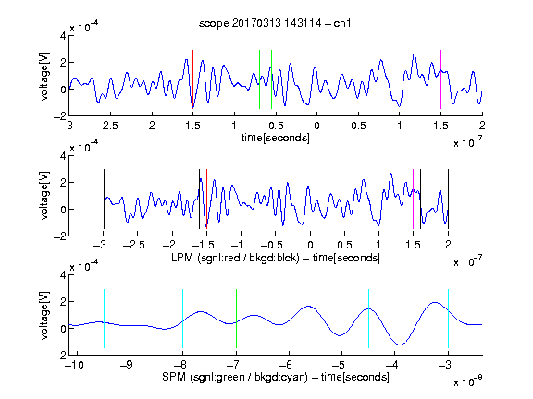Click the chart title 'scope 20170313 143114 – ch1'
(275, 23)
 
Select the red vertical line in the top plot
(192, 79)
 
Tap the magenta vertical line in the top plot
(440, 79)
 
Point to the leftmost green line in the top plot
(259, 79)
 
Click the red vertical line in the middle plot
(206, 199)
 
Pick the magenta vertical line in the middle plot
(413, 199)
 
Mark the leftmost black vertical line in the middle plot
(104, 199)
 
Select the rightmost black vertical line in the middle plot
(448, 199)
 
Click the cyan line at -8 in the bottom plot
(182, 319)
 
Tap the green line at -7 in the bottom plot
(236, 319)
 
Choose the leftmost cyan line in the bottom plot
(104, 319)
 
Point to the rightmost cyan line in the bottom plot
(448, 319)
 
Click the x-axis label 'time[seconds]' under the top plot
(276, 138)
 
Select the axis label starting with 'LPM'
(276, 258)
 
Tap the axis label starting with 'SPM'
(276, 377)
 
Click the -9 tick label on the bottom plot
(127, 365)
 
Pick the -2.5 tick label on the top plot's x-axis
(106, 126)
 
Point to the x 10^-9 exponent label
(468, 381)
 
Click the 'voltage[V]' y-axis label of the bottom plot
(44, 315)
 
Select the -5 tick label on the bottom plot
(339, 365)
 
